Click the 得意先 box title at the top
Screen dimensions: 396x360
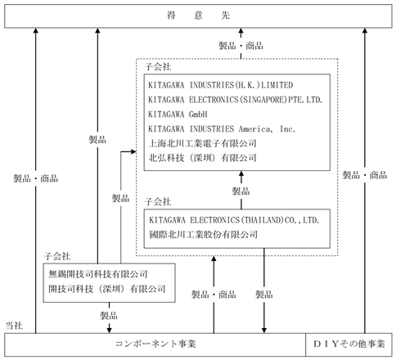tap(198, 16)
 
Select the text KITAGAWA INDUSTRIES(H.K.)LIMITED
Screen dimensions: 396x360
tap(220, 85)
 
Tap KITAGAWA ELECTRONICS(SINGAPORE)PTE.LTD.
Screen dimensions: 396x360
tap(235, 100)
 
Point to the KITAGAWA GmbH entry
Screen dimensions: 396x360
tap(178, 114)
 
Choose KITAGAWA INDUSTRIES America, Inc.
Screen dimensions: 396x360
tap(222, 128)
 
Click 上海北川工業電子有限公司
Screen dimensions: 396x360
tap(202, 143)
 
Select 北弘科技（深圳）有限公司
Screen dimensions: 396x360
tap(202, 158)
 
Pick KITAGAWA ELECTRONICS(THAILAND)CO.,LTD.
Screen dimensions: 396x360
tap(234, 220)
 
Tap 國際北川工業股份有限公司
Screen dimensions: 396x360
tap(203, 234)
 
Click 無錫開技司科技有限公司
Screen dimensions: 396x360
tap(98, 274)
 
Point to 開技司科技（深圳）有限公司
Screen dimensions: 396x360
tap(107, 289)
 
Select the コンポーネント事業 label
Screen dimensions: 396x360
tap(155, 344)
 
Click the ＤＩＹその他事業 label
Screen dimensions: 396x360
tap(349, 344)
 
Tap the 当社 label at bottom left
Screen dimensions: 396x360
tap(14, 325)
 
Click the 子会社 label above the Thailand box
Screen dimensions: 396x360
tap(158, 202)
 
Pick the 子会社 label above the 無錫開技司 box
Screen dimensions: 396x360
tap(57, 256)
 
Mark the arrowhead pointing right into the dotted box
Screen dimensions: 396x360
tap(133, 151)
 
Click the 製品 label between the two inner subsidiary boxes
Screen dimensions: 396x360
tap(241, 191)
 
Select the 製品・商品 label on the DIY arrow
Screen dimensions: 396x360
tap(365, 175)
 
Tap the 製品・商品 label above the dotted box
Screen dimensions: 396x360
tap(241, 46)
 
